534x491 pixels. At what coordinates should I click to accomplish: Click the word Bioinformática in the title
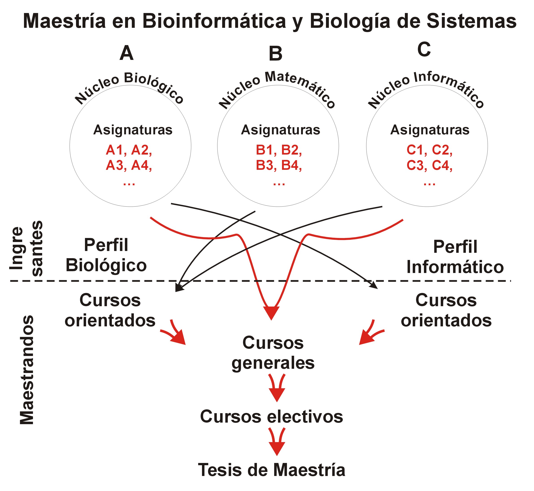coord(214,21)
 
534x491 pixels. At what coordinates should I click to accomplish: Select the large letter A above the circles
coord(126,53)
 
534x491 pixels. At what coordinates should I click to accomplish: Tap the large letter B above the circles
coord(275,54)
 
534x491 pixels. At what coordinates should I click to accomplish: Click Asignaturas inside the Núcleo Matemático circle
coord(280,130)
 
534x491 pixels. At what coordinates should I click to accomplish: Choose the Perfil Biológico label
coord(106,255)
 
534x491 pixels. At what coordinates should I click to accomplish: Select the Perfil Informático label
coord(455,257)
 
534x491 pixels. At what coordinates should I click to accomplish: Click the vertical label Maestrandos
coord(27,370)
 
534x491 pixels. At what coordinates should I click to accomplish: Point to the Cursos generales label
coord(273,353)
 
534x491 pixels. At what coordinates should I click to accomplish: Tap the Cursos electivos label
coord(271,416)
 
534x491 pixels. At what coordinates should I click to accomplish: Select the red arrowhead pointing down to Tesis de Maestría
coord(277,448)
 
